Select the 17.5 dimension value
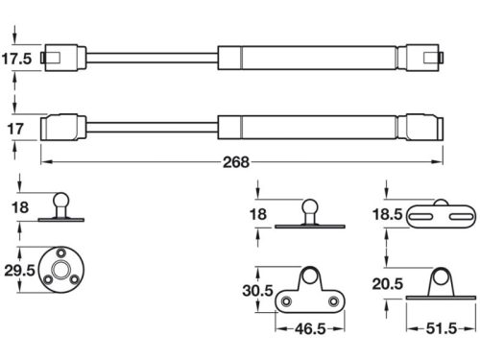pos(16,58)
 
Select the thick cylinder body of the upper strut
pos(307,57)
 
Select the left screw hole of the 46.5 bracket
pos(283,301)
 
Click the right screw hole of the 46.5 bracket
pos(331,301)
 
